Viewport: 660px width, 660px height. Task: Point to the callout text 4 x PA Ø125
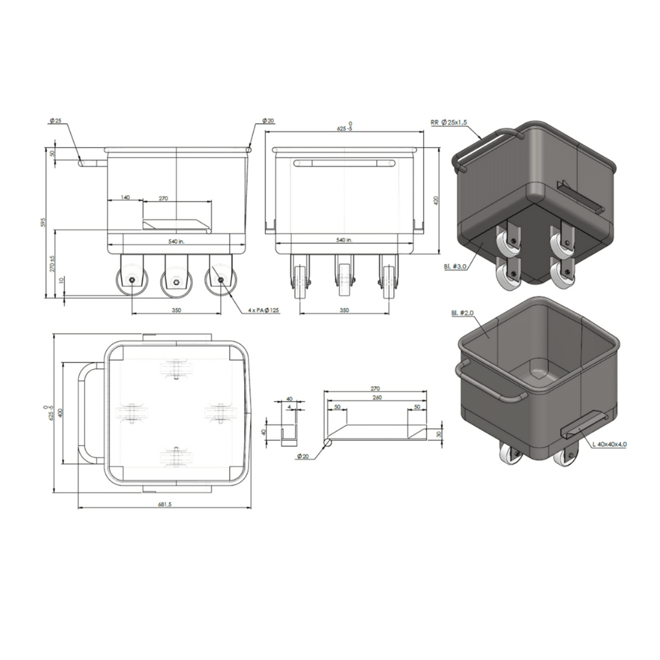click(x=265, y=310)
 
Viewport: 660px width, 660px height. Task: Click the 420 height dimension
click(x=436, y=201)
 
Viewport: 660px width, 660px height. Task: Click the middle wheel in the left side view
click(x=175, y=280)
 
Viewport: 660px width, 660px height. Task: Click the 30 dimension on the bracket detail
click(x=438, y=433)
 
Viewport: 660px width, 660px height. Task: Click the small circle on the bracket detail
click(x=327, y=444)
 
